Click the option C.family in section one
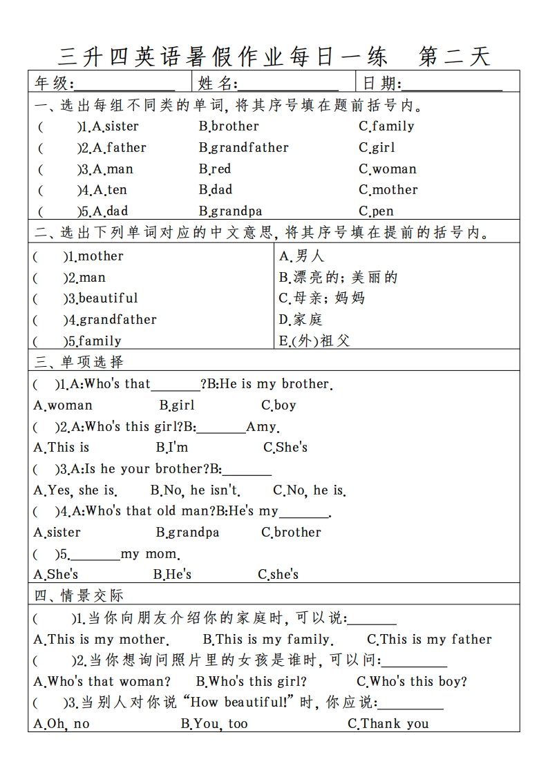click(x=386, y=126)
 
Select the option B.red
click(x=215, y=169)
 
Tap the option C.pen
click(x=376, y=211)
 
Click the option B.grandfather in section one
click(x=243, y=148)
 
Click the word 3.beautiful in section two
click(x=101, y=298)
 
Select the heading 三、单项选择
click(x=79, y=361)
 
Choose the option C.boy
click(x=278, y=405)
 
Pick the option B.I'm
click(x=171, y=448)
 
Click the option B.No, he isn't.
click(x=195, y=490)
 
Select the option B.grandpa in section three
click(x=187, y=533)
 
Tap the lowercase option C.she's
click(x=278, y=575)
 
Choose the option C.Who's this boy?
click(x=412, y=682)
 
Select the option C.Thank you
click(x=388, y=724)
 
